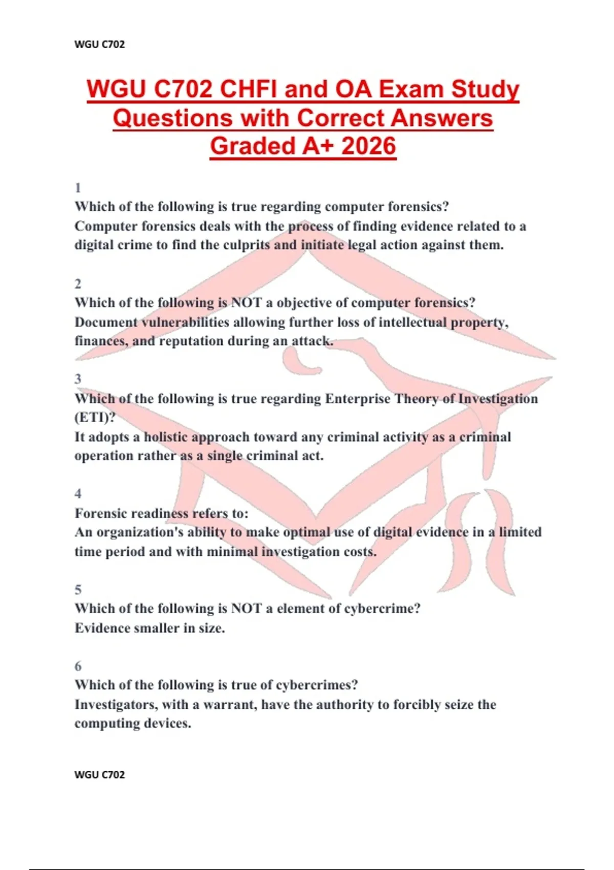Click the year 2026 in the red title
click(368, 146)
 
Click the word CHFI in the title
click(248, 90)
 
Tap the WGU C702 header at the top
click(99, 44)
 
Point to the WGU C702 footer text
click(99, 774)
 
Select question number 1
click(78, 188)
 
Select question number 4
click(78, 494)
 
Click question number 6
click(78, 666)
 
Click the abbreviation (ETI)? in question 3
click(95, 418)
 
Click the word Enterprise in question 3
click(358, 399)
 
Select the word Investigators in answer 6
click(116, 705)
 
